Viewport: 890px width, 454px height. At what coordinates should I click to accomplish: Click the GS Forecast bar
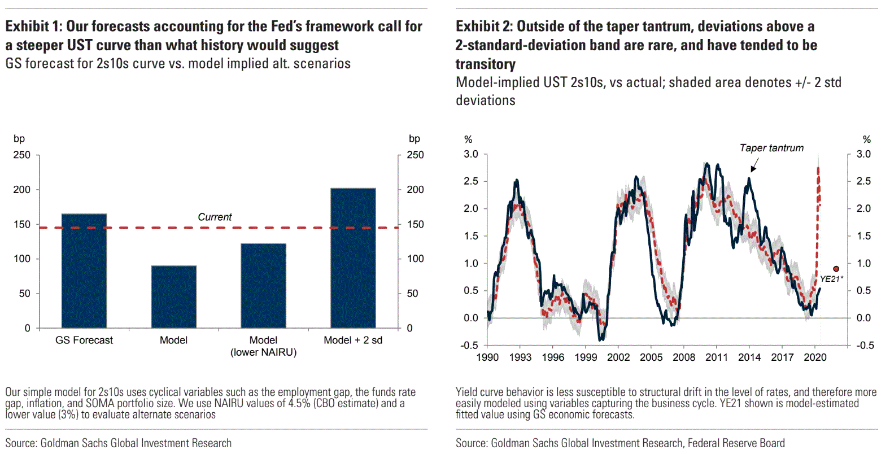(x=84, y=271)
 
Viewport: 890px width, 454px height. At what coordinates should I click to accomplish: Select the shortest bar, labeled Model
(x=173, y=297)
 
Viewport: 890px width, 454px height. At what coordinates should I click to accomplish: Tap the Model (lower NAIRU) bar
(x=263, y=286)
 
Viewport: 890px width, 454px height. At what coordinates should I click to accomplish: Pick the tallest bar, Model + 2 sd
(x=353, y=258)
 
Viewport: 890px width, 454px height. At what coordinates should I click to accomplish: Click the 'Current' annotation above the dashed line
(x=215, y=217)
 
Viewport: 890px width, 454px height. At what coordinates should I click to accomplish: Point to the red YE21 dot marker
(x=836, y=269)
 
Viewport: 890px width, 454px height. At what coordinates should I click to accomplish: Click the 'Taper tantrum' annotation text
(x=771, y=148)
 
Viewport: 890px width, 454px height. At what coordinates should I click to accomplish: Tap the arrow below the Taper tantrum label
(x=754, y=165)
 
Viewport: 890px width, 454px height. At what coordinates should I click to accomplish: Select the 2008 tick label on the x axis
(x=684, y=357)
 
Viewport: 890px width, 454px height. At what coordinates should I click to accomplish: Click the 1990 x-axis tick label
(x=487, y=357)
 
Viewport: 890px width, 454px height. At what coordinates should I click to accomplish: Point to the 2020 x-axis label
(x=815, y=357)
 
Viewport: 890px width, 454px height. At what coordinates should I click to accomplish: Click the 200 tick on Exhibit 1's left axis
(x=22, y=190)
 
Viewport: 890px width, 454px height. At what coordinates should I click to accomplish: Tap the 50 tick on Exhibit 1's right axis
(x=413, y=294)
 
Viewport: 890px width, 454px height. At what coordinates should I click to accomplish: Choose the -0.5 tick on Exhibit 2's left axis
(x=470, y=346)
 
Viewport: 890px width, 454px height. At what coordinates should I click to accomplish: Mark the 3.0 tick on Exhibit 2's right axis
(x=863, y=154)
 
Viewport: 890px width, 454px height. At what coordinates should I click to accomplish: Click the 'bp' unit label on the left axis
(x=19, y=139)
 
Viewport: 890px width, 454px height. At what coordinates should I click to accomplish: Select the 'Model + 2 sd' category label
(x=353, y=340)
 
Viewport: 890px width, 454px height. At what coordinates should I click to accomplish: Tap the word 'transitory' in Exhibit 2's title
(x=485, y=64)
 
